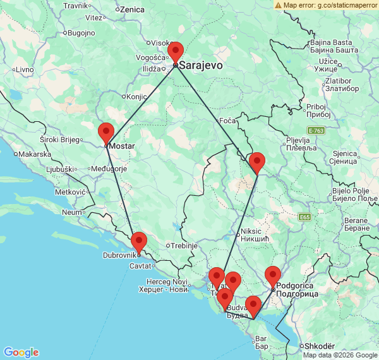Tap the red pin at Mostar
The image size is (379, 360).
coord(105,133)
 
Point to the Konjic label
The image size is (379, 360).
coord(136,97)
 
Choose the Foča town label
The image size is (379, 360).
coord(226,120)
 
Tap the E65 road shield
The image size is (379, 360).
coord(305,217)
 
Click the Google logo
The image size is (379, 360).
coord(20,352)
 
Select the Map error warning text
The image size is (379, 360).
coord(329,4)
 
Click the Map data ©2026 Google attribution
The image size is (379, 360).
coord(340,355)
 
